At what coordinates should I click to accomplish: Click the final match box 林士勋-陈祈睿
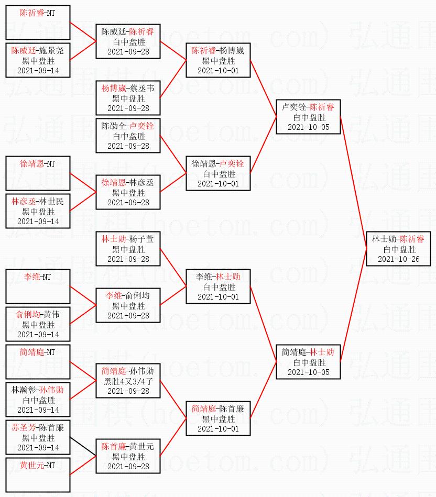pos(399,248)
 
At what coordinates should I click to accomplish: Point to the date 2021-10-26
pos(399,259)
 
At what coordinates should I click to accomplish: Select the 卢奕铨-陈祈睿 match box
pos(308,117)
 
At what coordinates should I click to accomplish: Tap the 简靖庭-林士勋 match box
pos(308,361)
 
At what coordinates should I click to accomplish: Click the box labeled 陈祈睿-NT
pos(38,23)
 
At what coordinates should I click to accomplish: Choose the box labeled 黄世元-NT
pos(38,474)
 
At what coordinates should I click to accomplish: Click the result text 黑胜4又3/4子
pos(128,381)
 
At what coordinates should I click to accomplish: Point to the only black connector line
pos(82,446)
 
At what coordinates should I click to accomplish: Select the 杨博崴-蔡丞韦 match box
pos(128,98)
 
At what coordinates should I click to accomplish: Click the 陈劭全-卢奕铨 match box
pos(128,136)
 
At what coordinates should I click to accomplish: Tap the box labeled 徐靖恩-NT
pos(38,173)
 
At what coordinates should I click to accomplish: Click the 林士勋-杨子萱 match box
pos(128,248)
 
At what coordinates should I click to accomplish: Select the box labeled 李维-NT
pos(38,286)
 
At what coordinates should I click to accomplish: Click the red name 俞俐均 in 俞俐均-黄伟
pos(28,314)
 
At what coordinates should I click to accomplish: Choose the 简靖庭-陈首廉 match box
pos(218,418)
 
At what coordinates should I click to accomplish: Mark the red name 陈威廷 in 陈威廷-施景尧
pos(24,50)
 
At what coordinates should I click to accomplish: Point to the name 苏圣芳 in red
pos(24,427)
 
